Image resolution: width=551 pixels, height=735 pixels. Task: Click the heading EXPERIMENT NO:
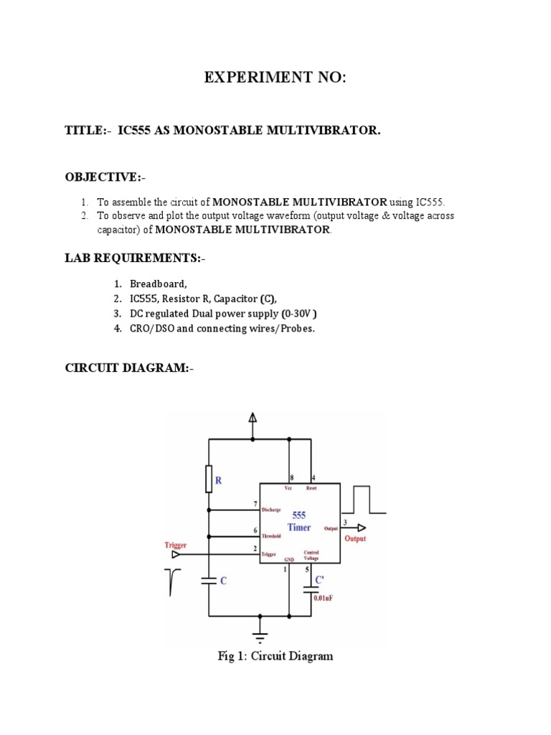pyautogui.click(x=275, y=78)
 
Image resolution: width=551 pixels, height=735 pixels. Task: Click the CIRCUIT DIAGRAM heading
pyautogui.click(x=129, y=368)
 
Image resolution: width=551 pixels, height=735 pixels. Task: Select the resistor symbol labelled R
pyautogui.click(x=209, y=479)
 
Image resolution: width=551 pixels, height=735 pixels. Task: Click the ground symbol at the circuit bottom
pyautogui.click(x=260, y=635)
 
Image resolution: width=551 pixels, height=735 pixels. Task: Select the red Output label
pyautogui.click(x=355, y=538)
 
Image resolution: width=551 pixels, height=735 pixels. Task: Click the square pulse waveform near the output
pyautogui.click(x=368, y=500)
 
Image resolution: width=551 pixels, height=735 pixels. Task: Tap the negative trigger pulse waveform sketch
pyautogui.click(x=172, y=582)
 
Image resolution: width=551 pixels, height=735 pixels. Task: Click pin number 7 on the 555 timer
pyautogui.click(x=255, y=505)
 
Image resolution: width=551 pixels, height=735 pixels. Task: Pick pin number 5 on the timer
pyautogui.click(x=307, y=569)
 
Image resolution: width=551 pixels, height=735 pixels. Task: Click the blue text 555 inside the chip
pyautogui.click(x=298, y=515)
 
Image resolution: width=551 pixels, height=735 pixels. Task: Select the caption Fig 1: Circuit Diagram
pyautogui.click(x=275, y=656)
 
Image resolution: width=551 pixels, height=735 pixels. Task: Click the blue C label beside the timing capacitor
pyautogui.click(x=223, y=582)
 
